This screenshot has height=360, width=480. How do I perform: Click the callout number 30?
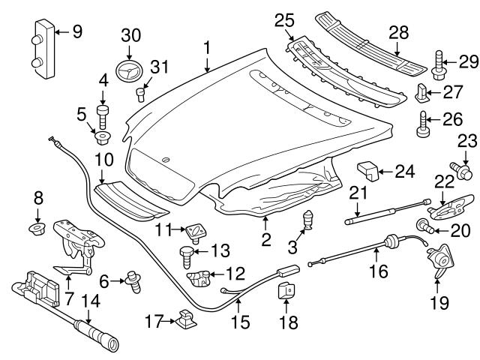pos(131,36)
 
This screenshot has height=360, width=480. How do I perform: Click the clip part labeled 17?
pos(184,321)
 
